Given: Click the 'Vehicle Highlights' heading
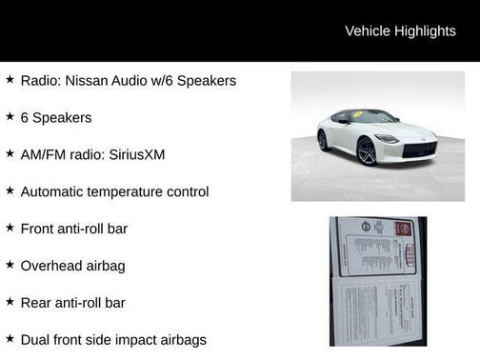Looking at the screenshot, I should tap(400, 31).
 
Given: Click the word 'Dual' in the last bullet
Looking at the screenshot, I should tap(35, 339).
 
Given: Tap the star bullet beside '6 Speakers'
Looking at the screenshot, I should tap(10, 117).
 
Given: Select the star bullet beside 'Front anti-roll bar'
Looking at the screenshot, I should tap(10, 229).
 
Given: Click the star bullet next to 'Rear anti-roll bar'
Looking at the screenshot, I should tap(10, 302).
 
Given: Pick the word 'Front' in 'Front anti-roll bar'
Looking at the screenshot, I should tap(39, 229).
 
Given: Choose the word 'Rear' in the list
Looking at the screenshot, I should tap(37, 303).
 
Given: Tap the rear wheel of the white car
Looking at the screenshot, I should tap(323, 141).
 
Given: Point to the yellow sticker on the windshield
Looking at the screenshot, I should tap(359, 115).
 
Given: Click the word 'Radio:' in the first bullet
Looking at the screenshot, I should tap(41, 81).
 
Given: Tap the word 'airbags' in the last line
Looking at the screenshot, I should tap(180, 339).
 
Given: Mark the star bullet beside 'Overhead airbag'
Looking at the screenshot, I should tap(10, 266).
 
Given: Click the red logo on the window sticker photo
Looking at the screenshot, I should tap(404, 230).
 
